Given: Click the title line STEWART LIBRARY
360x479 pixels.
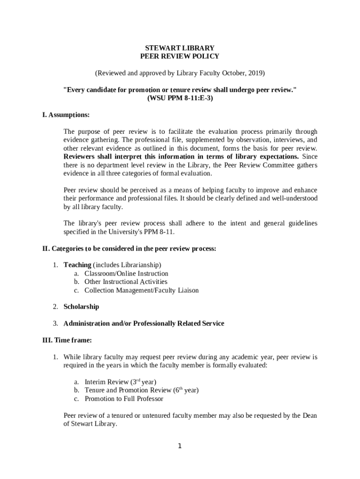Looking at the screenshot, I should tap(180, 48).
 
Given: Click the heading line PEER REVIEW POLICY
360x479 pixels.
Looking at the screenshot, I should tap(180, 56).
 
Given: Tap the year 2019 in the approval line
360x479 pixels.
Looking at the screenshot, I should tap(256, 73).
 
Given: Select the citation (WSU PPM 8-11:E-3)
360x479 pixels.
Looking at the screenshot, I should tap(180, 98).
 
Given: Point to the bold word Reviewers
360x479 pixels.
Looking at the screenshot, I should tap(79, 157).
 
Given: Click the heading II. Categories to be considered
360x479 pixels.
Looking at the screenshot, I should tap(129, 249).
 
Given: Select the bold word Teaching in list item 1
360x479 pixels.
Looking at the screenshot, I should tap(77, 265).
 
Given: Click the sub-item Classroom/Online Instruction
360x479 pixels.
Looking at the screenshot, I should tap(126, 274).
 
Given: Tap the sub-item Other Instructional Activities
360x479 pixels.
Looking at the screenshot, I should tap(126, 282).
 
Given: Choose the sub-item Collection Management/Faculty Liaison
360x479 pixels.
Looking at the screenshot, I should tap(141, 290).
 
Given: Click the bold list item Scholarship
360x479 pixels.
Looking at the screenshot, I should tap(81, 307).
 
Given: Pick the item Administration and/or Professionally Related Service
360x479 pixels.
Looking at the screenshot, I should tap(144, 324).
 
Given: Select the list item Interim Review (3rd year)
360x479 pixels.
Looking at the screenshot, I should tap(120, 382).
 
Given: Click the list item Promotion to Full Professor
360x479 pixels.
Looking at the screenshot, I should tap(124, 399).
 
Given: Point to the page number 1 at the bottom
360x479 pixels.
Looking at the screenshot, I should tap(180, 446).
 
